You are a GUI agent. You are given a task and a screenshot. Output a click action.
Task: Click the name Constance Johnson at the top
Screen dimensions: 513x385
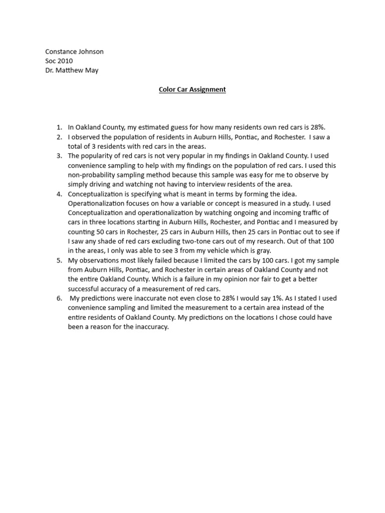click(x=74, y=51)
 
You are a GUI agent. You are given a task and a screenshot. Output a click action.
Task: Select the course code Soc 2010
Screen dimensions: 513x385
click(x=59, y=61)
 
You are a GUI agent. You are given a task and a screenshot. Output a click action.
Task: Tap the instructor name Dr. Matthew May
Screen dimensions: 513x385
click(x=72, y=70)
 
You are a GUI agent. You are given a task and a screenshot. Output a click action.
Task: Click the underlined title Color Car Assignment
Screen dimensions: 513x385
click(x=192, y=89)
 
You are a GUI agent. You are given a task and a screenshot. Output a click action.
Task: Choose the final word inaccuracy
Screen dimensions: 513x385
click(x=150, y=327)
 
